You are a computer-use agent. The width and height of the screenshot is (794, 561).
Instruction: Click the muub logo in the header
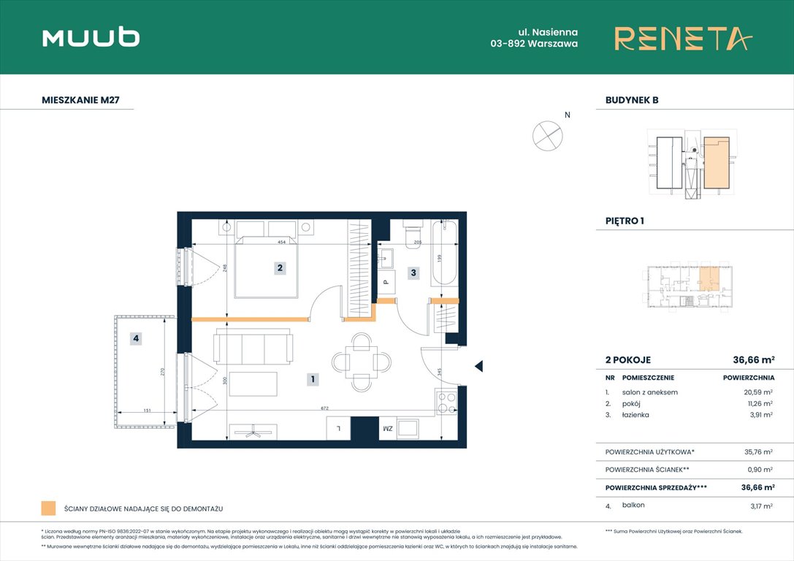pos(91,37)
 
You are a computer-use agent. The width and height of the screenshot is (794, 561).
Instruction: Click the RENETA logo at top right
pos(683,38)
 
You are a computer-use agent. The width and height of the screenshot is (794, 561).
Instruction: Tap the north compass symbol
pos(547,135)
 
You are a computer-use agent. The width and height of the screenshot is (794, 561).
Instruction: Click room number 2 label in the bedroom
pos(279,268)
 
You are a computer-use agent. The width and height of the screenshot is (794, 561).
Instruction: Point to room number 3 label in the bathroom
pos(413,273)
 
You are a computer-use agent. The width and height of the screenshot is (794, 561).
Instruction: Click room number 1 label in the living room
pos(312,379)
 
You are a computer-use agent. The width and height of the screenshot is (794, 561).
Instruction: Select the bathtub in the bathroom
pos(444,254)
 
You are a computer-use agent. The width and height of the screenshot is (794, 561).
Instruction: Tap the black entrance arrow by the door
pos(478,367)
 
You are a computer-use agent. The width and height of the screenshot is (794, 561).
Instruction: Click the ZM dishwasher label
pos(387,428)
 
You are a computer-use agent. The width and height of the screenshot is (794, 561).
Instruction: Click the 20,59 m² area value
pos(757,392)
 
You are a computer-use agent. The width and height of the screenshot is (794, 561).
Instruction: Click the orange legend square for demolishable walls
pos(49,508)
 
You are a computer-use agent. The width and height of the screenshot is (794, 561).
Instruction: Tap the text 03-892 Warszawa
pos(534,44)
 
